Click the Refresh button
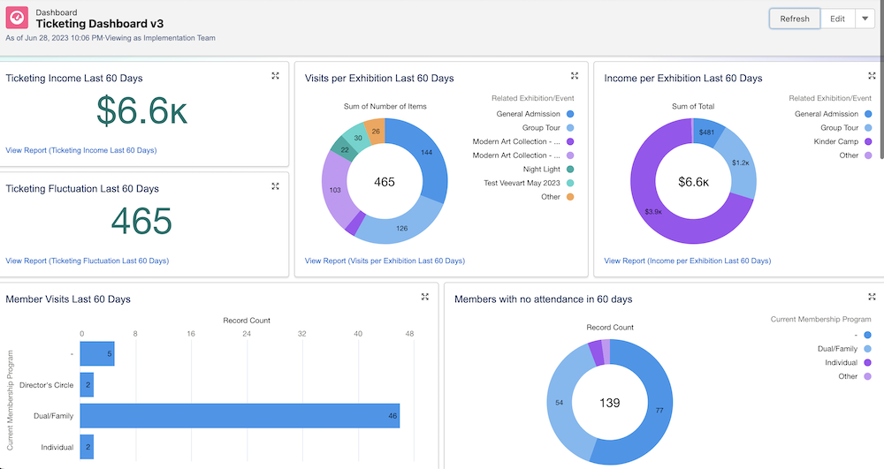coord(794,19)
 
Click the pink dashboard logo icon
coord(17,18)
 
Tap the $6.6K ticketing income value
coord(141,111)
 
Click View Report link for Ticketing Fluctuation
coord(87,261)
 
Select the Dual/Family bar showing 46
coord(240,415)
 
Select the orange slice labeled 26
coord(376,131)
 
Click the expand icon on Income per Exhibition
coord(873,76)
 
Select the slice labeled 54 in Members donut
coord(559,402)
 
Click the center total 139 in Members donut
coord(609,402)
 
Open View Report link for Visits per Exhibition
coord(385,261)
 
